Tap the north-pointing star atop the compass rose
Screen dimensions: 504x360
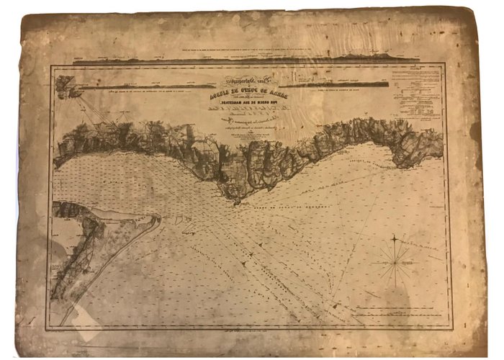tap(395, 237)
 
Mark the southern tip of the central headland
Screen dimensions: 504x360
tap(235, 201)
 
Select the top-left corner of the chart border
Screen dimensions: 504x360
tap(50, 67)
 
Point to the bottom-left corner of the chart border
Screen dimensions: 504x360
tap(48, 330)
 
